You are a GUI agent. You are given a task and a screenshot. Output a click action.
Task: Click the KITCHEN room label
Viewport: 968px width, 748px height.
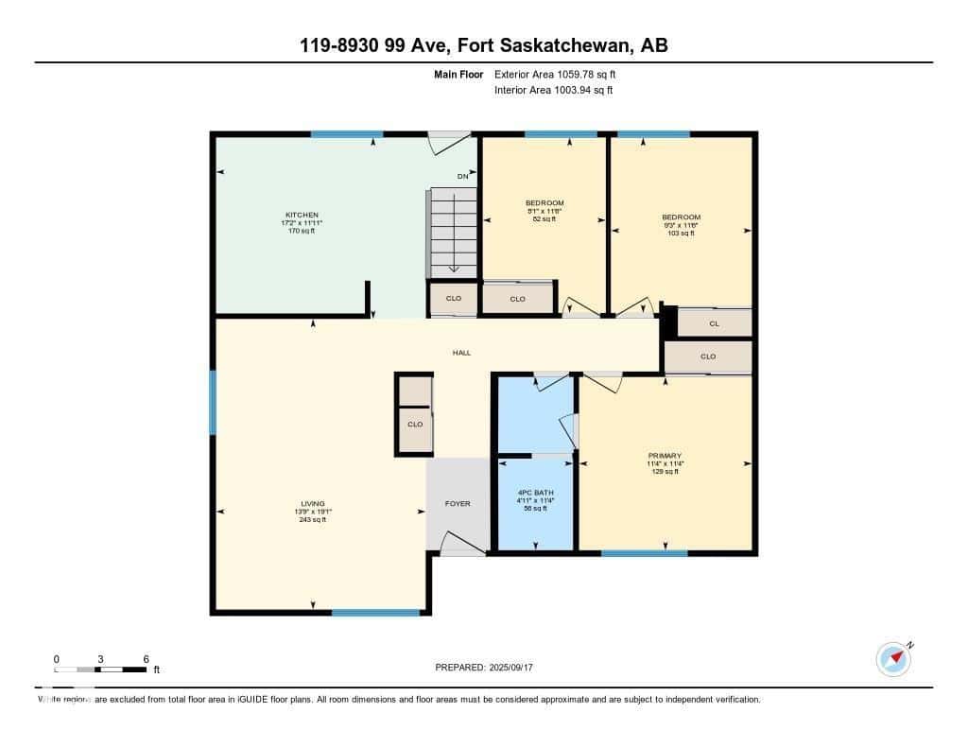302,215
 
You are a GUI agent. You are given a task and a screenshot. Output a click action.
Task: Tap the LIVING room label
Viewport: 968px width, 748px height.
312,503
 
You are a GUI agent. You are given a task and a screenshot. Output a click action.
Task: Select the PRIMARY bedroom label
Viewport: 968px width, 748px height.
665,456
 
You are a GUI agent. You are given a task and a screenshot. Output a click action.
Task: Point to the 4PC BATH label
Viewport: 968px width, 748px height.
535,493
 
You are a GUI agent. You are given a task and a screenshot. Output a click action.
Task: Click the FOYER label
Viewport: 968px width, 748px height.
458,504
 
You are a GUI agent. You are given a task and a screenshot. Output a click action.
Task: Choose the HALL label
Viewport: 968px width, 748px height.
461,353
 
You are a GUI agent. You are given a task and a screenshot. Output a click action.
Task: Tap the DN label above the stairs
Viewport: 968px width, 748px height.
462,176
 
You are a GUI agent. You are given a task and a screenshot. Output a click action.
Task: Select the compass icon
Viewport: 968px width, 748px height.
893,659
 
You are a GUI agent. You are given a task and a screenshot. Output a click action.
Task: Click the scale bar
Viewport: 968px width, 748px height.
100,670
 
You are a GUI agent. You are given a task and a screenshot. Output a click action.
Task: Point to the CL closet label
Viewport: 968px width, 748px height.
714,323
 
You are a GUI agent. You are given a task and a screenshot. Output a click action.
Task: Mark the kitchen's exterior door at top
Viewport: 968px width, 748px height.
450,142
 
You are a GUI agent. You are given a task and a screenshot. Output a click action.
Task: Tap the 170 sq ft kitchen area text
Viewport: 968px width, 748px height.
302,231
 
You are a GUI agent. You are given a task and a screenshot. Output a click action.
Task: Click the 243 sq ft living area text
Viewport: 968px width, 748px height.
312,519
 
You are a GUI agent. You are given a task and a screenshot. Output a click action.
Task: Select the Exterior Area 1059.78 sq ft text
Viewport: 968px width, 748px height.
557,74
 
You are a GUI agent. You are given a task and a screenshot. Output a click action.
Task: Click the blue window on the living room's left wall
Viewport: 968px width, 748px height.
213,402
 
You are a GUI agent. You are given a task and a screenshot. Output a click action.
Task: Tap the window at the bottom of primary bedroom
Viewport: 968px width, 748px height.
644,553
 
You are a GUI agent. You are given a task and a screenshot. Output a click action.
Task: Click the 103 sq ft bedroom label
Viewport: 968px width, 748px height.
681,233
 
